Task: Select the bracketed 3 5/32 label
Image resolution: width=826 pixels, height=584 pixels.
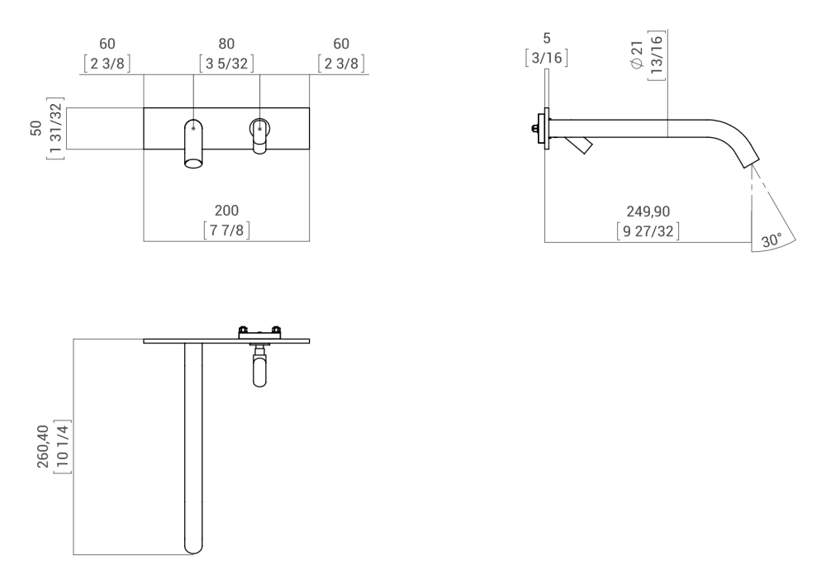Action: click(x=226, y=63)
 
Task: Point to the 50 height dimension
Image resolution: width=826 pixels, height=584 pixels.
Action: click(x=36, y=129)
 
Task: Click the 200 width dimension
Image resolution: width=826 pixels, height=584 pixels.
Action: click(x=226, y=211)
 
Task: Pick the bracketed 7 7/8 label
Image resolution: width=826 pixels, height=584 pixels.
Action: click(x=226, y=230)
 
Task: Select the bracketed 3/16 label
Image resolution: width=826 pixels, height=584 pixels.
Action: click(x=546, y=58)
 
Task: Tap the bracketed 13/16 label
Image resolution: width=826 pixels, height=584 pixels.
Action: click(x=658, y=56)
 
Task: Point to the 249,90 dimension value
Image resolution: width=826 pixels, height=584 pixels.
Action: click(x=648, y=212)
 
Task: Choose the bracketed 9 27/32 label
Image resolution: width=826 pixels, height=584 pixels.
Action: click(x=648, y=231)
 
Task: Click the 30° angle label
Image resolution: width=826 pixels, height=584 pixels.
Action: click(x=771, y=241)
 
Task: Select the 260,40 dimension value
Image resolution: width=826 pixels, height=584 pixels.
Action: click(x=43, y=447)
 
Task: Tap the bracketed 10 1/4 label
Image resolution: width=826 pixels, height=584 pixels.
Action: click(x=64, y=447)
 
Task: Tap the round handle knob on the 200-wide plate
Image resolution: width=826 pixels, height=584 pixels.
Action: click(x=259, y=129)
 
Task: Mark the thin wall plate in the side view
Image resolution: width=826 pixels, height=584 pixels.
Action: click(x=546, y=128)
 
